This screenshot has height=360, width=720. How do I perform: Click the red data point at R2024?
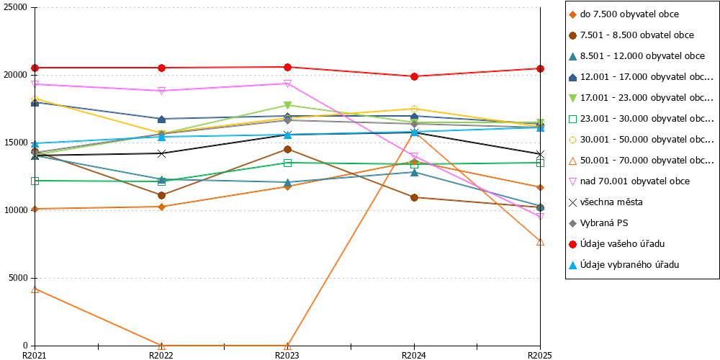(414, 77)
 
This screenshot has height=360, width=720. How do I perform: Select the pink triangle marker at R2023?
(287, 84)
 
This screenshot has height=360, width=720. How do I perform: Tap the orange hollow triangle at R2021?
(35, 289)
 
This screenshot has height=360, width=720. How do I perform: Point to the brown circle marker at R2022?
(161, 196)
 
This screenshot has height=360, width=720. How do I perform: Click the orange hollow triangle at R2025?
(541, 241)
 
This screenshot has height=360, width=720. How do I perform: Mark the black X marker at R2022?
(161, 153)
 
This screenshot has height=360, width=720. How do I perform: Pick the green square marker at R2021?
(35, 181)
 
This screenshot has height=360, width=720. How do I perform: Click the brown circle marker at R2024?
(414, 197)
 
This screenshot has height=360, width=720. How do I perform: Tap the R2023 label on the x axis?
(287, 355)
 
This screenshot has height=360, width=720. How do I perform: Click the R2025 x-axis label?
(541, 355)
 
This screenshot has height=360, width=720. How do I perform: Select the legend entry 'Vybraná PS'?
(598, 223)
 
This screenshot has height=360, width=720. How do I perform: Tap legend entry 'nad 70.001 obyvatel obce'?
(629, 181)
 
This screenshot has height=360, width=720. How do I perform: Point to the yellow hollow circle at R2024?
(414, 109)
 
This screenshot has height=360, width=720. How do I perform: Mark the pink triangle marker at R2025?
(541, 216)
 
